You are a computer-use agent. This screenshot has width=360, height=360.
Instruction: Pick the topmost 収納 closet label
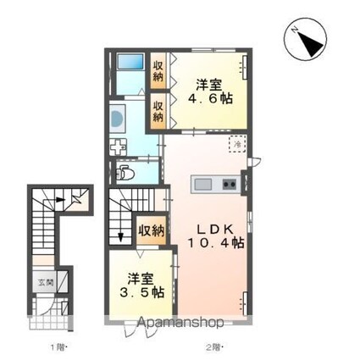pos(158,71)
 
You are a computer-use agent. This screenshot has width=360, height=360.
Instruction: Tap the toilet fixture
pos(125,174)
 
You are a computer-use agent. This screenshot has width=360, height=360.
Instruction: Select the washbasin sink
pos(118,116)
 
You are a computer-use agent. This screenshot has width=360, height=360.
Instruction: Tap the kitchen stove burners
pos(229,184)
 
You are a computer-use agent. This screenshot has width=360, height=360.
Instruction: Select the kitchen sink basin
pos(204,184)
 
